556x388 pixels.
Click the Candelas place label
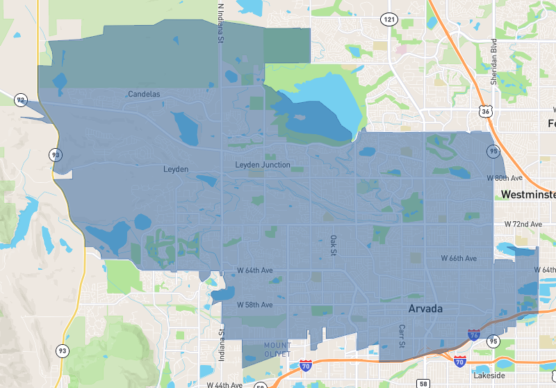coord(144,94)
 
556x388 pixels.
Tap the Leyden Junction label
coord(263,165)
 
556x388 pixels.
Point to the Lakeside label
coord(489,375)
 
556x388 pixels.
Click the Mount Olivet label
coord(277,350)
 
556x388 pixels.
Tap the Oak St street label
coord(333,245)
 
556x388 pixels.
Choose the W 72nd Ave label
coord(523,225)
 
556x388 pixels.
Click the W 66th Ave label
coord(459,259)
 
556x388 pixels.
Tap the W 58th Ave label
coord(254,305)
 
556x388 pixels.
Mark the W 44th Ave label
coord(224,385)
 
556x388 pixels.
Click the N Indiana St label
coord(220,23)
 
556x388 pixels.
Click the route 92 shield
coord(21,101)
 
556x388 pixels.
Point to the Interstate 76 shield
coord(473,335)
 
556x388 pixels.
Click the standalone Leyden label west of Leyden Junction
coord(176,169)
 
